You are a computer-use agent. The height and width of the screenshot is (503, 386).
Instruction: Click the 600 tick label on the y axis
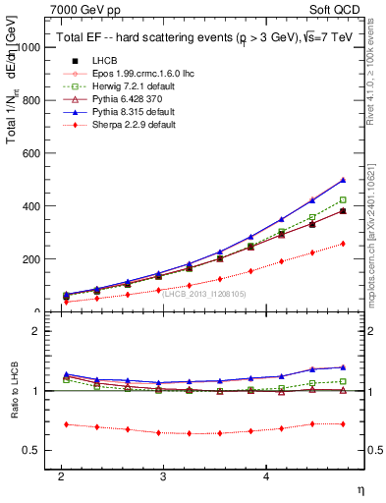click(33, 153)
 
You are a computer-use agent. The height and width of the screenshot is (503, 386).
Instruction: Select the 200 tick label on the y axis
click(33, 259)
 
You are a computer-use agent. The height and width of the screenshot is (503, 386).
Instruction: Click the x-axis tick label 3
click(163, 475)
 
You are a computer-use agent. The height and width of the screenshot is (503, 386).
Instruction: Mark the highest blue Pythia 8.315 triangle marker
click(343, 180)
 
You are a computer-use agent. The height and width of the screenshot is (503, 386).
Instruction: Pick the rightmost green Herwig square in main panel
click(343, 199)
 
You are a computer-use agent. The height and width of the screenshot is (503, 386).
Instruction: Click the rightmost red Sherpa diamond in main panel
click(343, 244)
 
